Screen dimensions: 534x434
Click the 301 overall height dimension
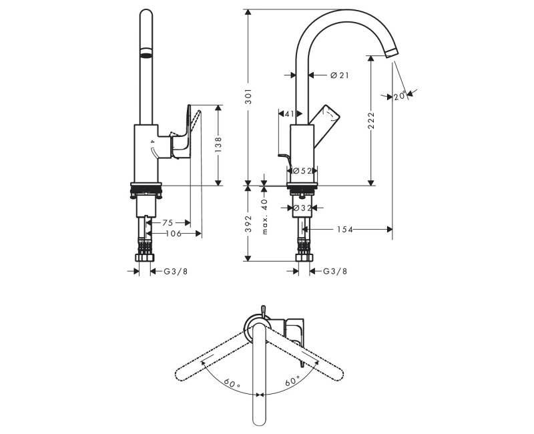[248, 97]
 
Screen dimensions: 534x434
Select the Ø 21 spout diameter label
[340, 75]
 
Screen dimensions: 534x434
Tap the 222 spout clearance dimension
[371, 121]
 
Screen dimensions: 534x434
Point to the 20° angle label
[400, 96]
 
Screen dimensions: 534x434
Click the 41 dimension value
[290, 114]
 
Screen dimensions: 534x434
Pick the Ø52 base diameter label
[302, 171]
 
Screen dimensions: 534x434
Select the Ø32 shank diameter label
[302, 208]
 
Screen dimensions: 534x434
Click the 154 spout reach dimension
[344, 230]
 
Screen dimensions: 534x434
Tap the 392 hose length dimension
[248, 224]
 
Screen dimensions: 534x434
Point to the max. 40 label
[265, 216]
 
